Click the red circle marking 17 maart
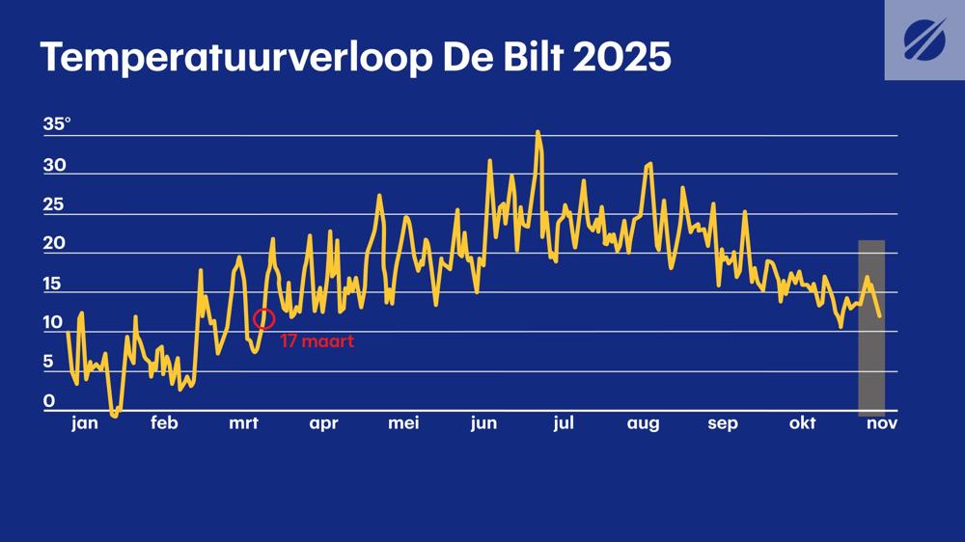tap(264, 318)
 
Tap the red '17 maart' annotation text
tap(317, 341)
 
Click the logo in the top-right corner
tap(924, 40)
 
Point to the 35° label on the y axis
tap(57, 124)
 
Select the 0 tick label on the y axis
tap(48, 401)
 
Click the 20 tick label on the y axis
tap(54, 243)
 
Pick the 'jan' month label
tap(85, 423)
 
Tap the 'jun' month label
tap(483, 424)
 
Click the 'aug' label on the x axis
tap(643, 424)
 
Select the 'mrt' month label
tap(243, 423)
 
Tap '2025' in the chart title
tap(621, 58)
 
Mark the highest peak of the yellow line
tap(538, 132)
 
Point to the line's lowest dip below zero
tap(115, 416)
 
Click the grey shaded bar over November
tap(871, 328)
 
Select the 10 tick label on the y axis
tap(53, 322)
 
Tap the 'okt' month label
tap(802, 423)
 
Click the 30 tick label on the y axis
tap(54, 165)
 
